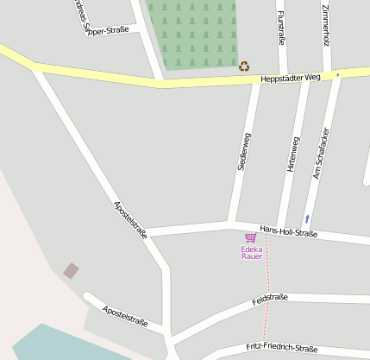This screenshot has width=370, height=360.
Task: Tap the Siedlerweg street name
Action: pyautogui.click(x=245, y=150)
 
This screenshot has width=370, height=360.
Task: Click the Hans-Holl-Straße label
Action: pyautogui.click(x=289, y=231)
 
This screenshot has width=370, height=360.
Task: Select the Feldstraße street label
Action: pyautogui.click(x=270, y=300)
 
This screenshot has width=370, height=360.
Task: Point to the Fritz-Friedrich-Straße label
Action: pyautogui.click(x=280, y=347)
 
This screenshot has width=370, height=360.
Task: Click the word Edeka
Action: pyautogui.click(x=251, y=249)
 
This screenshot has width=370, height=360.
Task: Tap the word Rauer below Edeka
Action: pyautogui.click(x=251, y=256)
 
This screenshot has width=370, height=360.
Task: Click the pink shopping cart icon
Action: pyautogui.click(x=250, y=237)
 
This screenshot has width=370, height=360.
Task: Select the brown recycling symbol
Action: pyautogui.click(x=244, y=66)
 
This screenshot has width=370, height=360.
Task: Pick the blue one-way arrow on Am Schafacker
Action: pyautogui.click(x=306, y=218)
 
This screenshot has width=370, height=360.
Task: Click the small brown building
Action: pyautogui.click(x=71, y=271)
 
